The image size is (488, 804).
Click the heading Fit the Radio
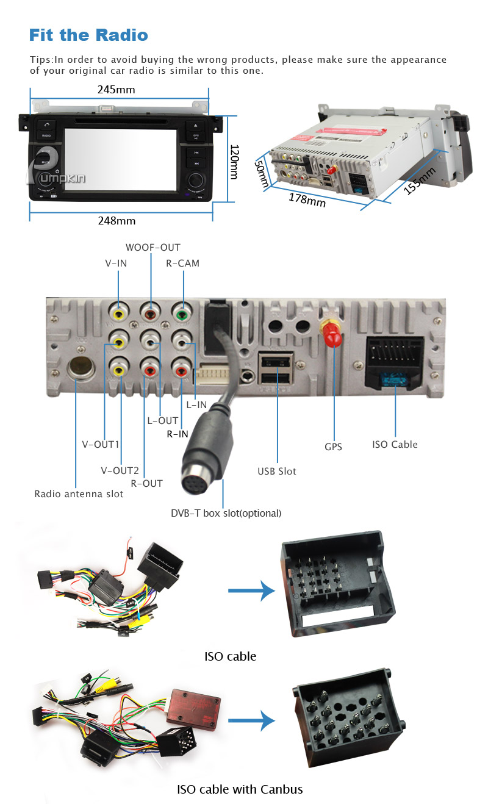click(x=88, y=35)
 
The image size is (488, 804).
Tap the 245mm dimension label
click(x=117, y=90)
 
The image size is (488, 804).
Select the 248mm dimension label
click(x=117, y=221)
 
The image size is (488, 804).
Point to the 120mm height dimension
click(x=233, y=162)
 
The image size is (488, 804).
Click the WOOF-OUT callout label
click(x=153, y=247)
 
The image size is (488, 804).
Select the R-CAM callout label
click(x=183, y=264)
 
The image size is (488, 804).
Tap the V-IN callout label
click(x=116, y=264)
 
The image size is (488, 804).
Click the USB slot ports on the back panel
click(x=276, y=368)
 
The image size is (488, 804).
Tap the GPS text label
click(x=333, y=447)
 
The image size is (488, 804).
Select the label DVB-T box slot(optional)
click(x=226, y=513)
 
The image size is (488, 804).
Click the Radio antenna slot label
click(x=79, y=494)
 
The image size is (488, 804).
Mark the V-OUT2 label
click(x=120, y=470)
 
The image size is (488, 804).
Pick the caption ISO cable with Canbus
click(x=240, y=789)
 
